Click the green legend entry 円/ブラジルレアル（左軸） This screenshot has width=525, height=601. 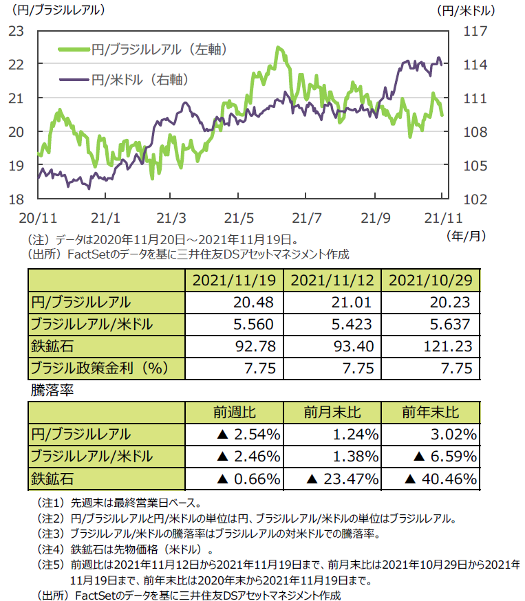point(147,50)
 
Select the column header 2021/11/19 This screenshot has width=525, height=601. point(235,281)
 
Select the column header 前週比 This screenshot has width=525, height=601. point(235,412)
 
